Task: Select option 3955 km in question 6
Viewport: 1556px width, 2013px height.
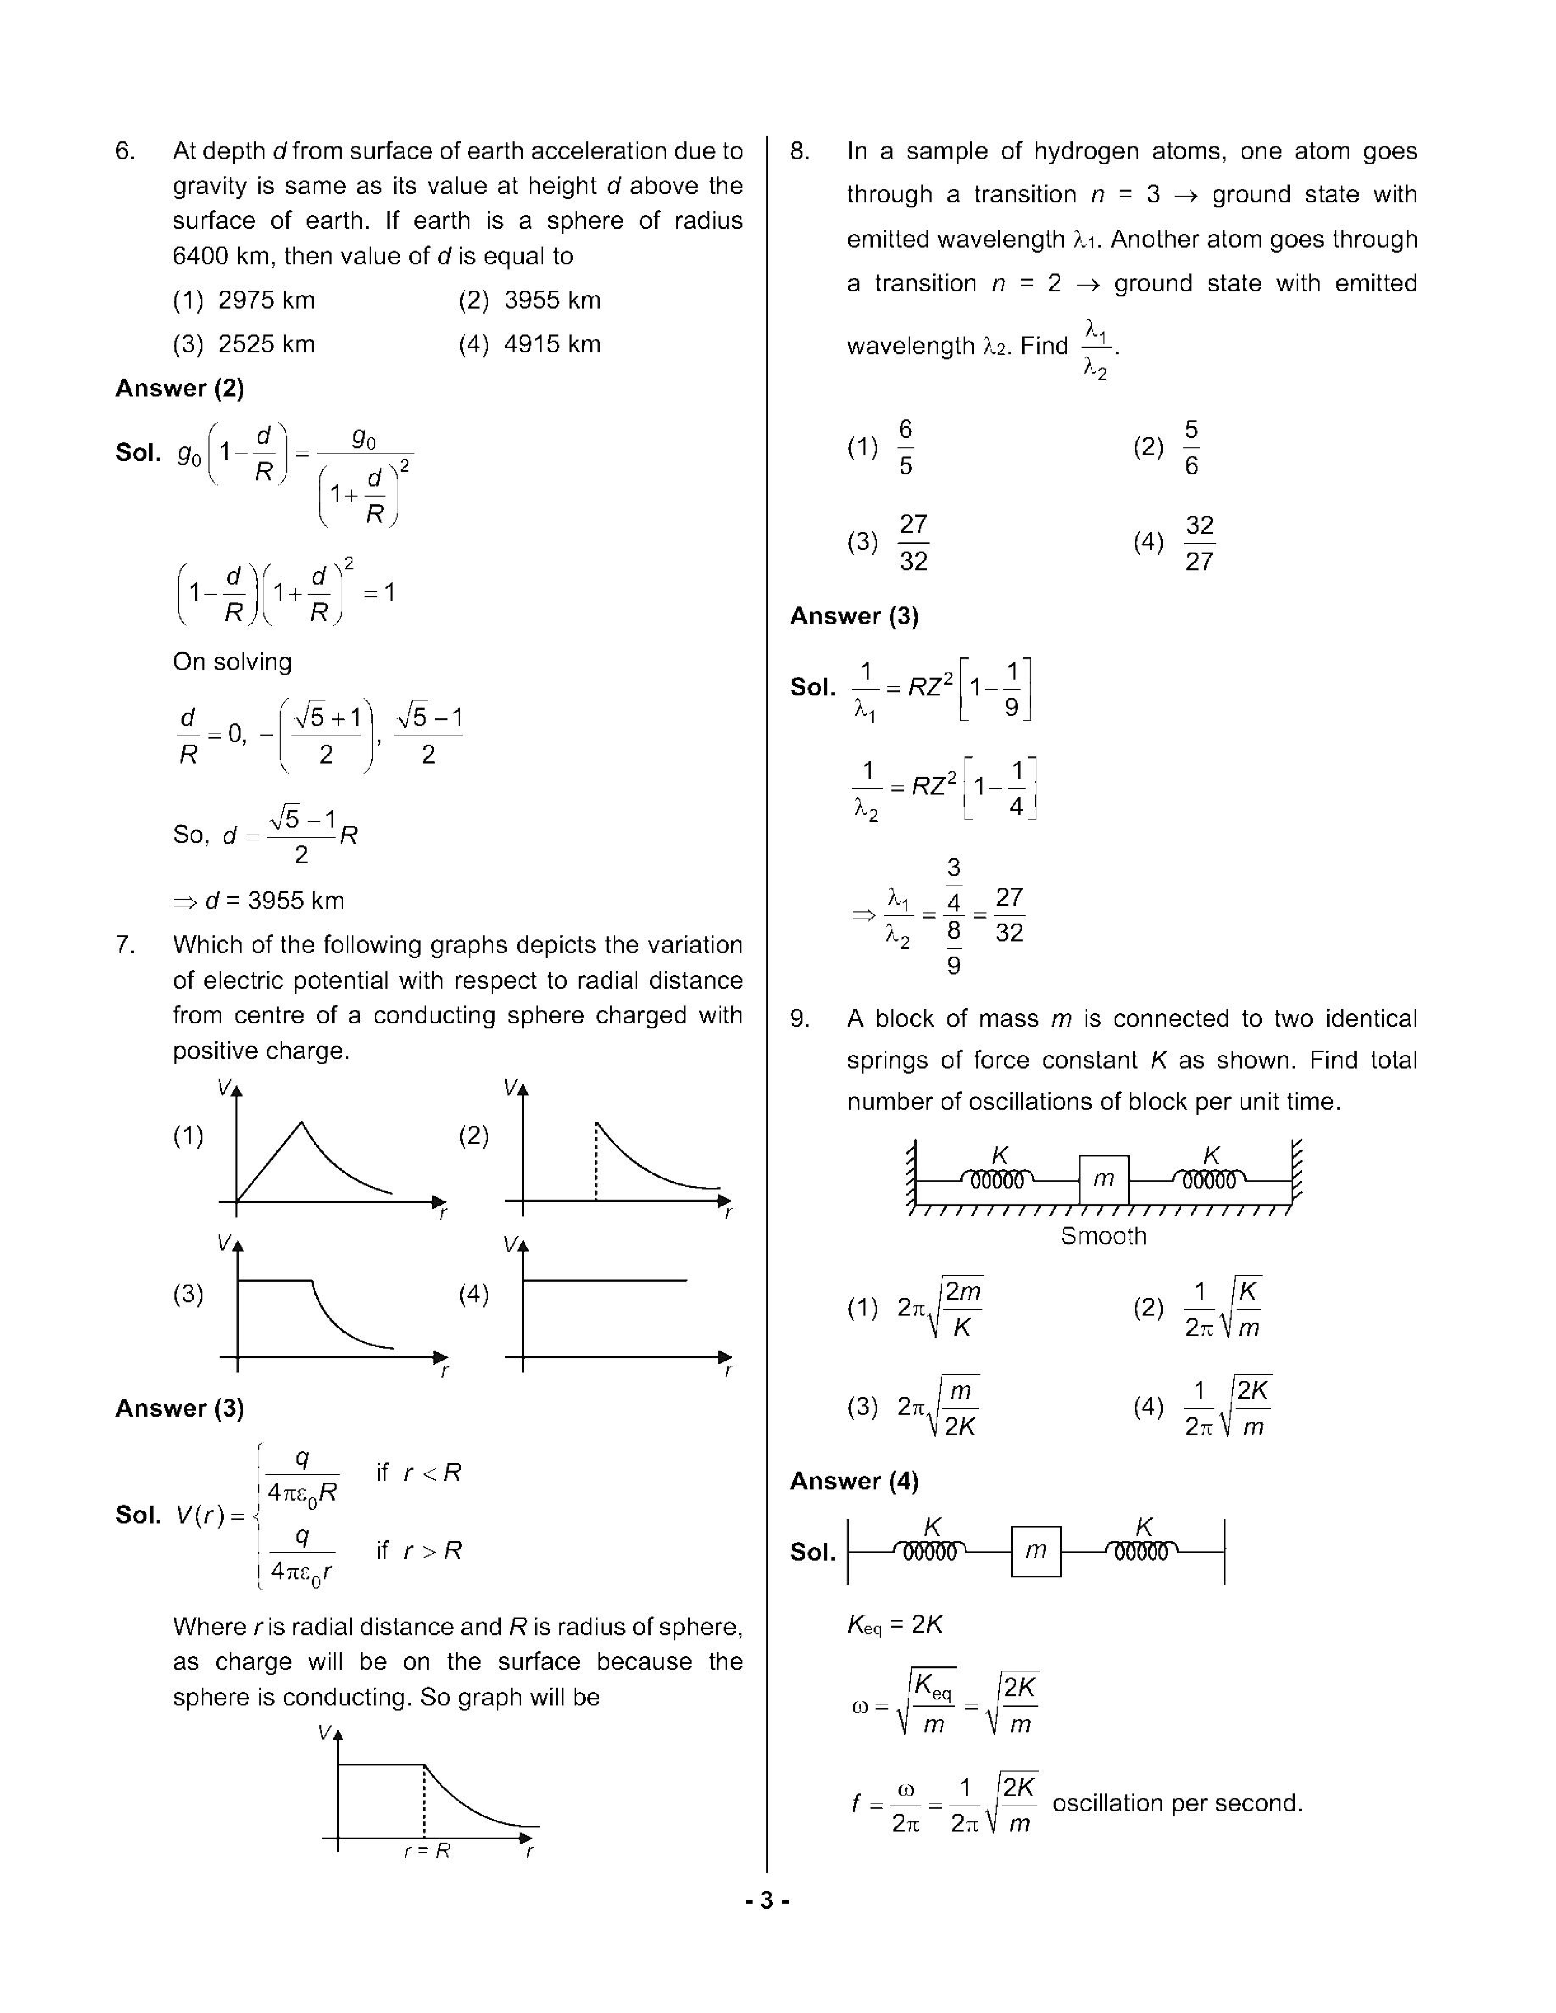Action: pos(551,300)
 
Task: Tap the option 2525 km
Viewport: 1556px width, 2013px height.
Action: pos(265,345)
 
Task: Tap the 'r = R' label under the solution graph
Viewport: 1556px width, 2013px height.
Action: pos(427,1851)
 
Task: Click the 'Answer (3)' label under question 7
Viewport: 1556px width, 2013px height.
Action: pos(179,1409)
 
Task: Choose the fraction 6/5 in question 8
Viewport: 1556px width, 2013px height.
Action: pos(905,448)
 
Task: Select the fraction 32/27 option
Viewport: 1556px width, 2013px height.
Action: pos(1199,543)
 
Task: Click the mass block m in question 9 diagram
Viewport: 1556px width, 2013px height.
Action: pos(1103,1179)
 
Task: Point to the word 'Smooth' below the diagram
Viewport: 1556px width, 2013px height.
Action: pos(1103,1236)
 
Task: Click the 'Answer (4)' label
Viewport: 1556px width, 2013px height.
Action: pos(854,1481)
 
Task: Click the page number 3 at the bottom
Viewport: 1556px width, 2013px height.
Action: pos(767,1901)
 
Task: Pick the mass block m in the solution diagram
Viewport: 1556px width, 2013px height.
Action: pos(1036,1551)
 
